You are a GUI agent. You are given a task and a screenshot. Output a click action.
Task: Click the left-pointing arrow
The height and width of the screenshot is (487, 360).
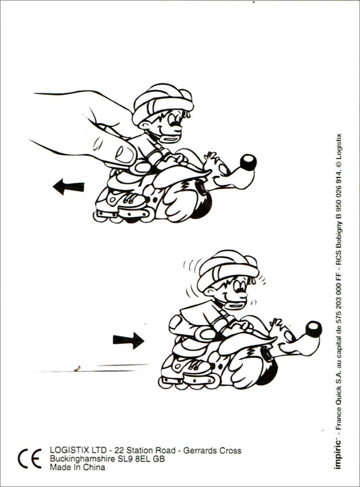pos(68,187)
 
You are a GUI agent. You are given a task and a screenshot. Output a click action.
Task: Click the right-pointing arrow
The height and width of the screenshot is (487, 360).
pos(128,340)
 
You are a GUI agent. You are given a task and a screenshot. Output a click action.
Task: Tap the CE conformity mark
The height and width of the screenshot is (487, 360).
pos(30,458)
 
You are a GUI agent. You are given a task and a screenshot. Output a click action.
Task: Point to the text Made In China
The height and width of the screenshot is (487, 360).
pos(77,467)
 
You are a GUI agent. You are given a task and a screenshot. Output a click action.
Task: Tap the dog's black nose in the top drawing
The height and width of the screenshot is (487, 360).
pos(248,162)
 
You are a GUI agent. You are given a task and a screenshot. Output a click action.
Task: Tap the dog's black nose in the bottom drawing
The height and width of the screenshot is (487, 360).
pos(313,329)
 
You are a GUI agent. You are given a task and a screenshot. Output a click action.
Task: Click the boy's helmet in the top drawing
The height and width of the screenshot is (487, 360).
pos(161,102)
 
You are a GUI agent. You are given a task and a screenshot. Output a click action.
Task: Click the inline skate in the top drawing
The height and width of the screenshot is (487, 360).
pos(123,205)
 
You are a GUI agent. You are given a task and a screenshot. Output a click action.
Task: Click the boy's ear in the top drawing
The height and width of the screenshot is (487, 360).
pos(144,126)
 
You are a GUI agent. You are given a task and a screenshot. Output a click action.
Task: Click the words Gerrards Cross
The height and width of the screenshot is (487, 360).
pos(212,450)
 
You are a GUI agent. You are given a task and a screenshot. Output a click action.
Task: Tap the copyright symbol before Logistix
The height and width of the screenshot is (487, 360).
pos(339,164)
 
